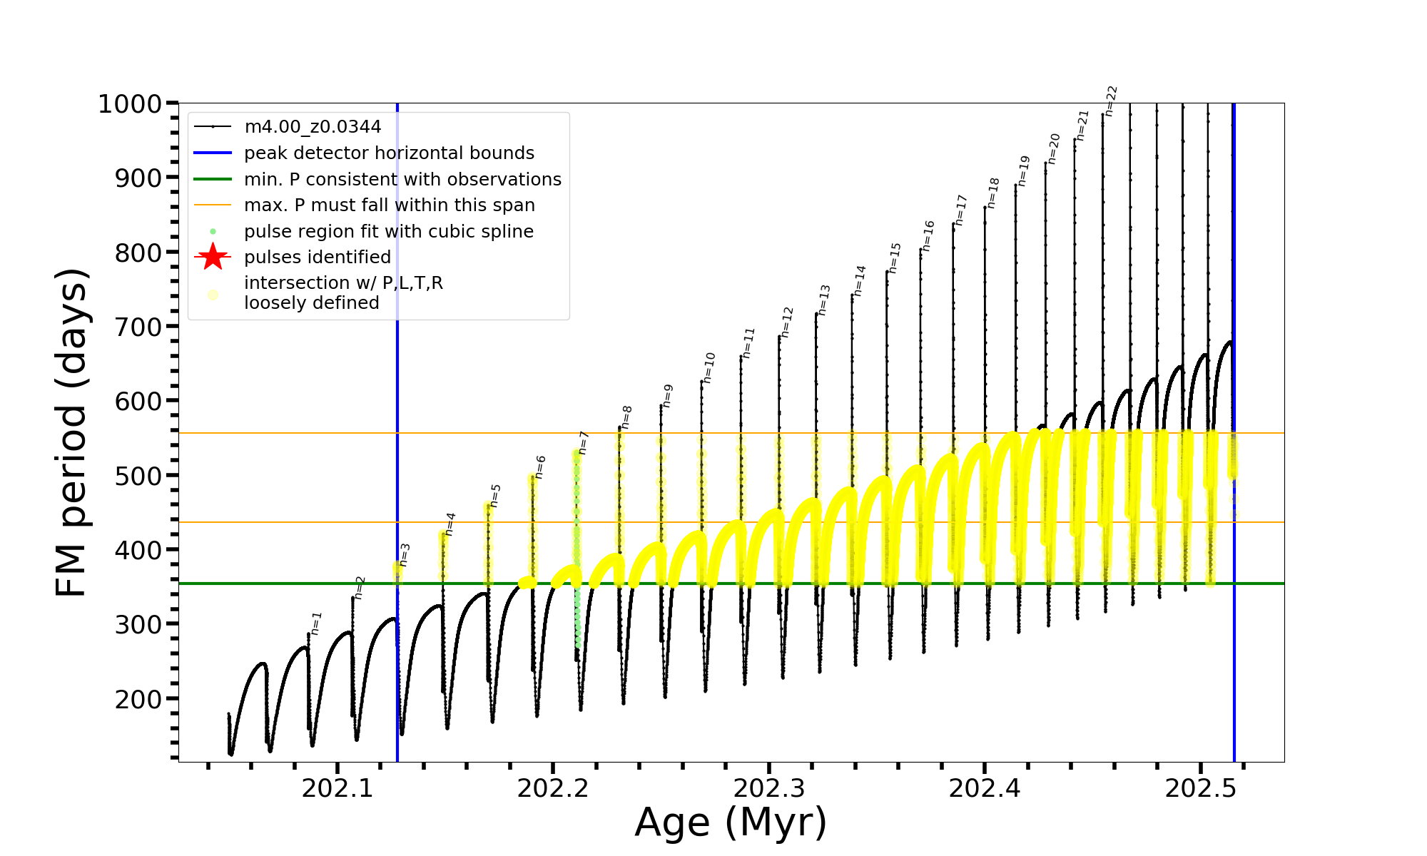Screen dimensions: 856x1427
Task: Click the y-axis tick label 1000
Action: click(x=130, y=104)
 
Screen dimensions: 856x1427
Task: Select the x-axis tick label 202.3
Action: click(x=768, y=788)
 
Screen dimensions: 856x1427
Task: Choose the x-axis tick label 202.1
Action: click(x=337, y=788)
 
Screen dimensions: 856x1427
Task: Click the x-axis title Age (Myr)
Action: click(x=731, y=822)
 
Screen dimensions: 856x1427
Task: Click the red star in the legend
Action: click(x=213, y=257)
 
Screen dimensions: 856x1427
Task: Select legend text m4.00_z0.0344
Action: click(x=313, y=127)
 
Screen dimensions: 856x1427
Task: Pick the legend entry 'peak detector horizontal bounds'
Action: click(x=389, y=153)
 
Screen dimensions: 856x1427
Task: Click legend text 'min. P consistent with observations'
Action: click(x=402, y=179)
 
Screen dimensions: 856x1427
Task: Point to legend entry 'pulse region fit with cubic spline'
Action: click(x=388, y=231)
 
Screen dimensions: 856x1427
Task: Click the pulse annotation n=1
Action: click(x=316, y=623)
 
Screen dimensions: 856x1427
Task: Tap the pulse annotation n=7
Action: click(x=584, y=442)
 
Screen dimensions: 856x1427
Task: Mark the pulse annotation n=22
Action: click(x=1111, y=101)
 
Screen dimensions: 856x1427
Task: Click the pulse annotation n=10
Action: click(x=709, y=367)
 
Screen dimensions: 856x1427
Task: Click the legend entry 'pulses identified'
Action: click(x=317, y=257)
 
